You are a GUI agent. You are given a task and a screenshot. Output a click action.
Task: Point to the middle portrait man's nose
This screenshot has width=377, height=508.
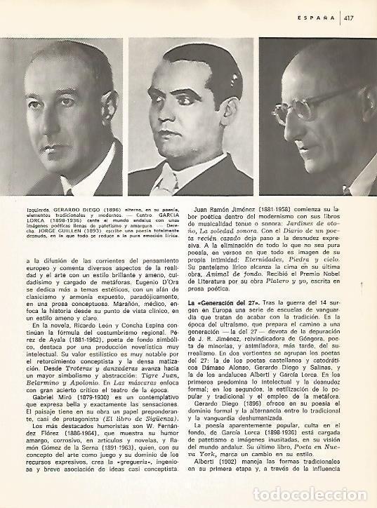click(x=183, y=118)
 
